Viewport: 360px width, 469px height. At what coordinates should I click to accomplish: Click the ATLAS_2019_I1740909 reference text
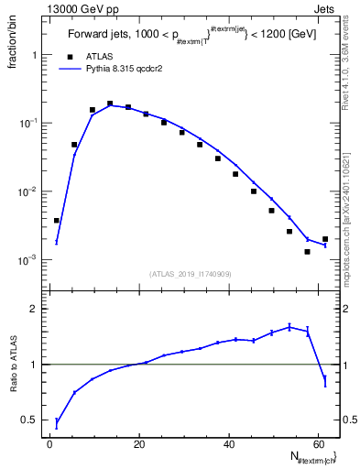coord(191,274)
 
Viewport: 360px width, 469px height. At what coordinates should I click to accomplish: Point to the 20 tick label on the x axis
coord(139,443)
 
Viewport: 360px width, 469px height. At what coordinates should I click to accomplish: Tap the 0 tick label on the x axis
coord(50,443)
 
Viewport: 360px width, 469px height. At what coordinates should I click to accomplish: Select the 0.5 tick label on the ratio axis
coord(29,420)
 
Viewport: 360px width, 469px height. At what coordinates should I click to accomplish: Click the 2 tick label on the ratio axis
coord(34,309)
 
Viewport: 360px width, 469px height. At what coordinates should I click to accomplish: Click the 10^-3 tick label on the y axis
coord(27,261)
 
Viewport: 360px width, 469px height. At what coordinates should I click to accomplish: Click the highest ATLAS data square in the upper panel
coord(110,104)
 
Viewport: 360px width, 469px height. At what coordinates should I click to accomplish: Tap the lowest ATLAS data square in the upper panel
coord(308,251)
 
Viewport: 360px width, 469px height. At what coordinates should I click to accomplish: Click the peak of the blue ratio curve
coord(289,326)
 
